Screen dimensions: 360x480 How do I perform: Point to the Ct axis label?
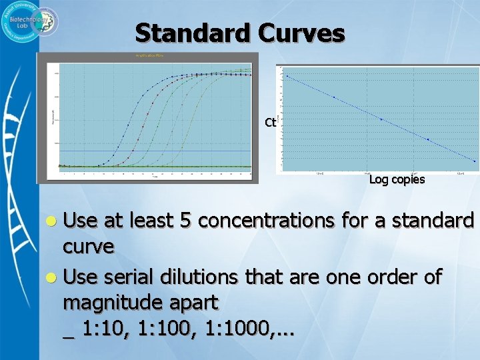click(270, 122)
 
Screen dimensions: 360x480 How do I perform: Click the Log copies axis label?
click(397, 180)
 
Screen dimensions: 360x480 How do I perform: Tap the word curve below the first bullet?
click(88, 246)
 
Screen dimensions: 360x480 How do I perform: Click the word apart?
click(193, 303)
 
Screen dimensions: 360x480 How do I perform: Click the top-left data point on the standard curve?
click(287, 76)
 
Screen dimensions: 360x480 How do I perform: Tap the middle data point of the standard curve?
click(381, 119)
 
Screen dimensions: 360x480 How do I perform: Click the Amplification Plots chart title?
click(149, 55)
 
